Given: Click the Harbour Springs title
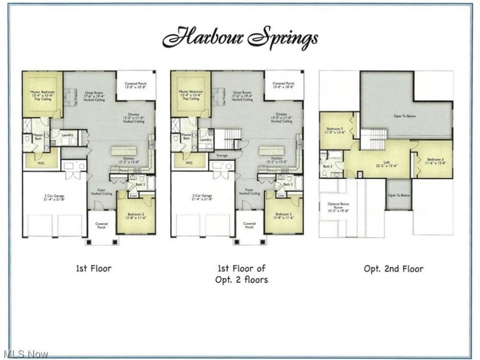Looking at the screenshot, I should tap(240, 37).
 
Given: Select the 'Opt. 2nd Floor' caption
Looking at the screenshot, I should tap(393, 268).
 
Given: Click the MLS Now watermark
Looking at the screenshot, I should tap(25, 354).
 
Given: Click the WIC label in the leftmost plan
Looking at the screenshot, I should tap(40, 163).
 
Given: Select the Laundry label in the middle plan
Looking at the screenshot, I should tap(206, 140).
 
